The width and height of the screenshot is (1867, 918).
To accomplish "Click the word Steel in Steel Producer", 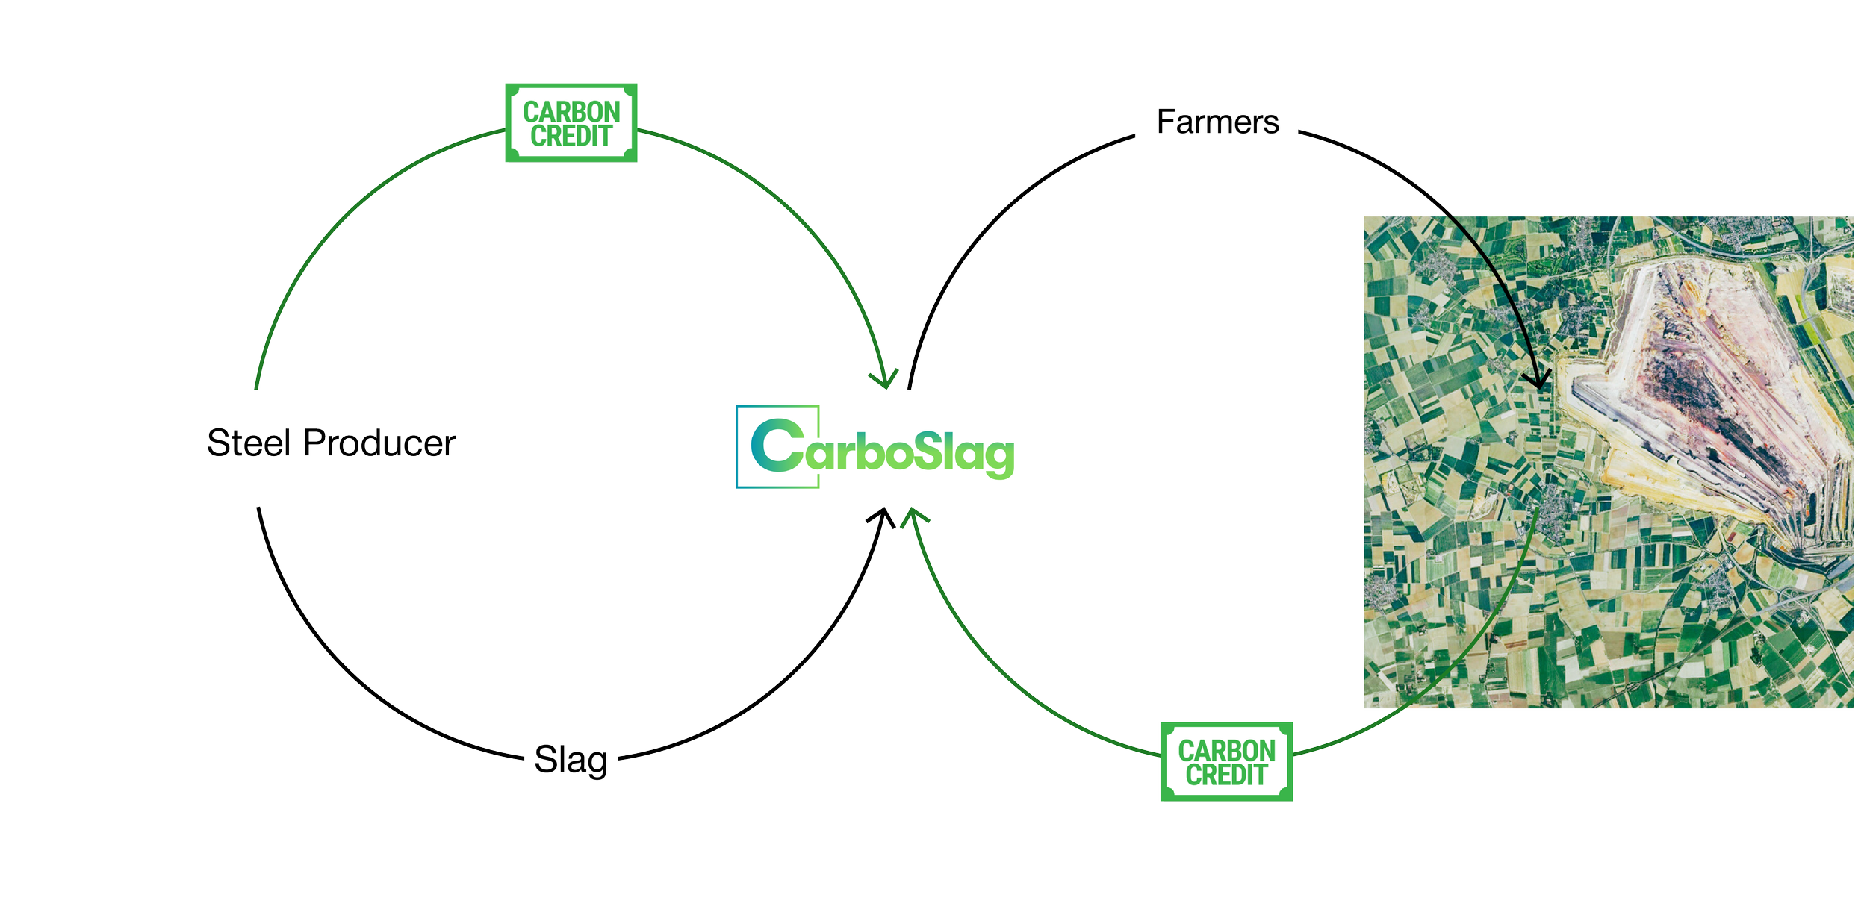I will coord(248,443).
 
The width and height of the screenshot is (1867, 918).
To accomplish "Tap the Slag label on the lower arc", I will coord(571,760).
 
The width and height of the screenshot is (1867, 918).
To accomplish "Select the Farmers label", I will coord(1217,122).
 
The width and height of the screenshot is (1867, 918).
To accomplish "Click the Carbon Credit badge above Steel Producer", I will coord(571,123).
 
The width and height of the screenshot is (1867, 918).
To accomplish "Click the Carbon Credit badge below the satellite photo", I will coord(1226,761).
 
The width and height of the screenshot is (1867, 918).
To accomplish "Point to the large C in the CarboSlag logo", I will coord(777,446).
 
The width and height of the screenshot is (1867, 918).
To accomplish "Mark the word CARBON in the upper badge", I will coord(571,112).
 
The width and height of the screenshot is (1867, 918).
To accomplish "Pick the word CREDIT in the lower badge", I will coord(1226,775).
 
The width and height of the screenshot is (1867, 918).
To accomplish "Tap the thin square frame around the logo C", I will coord(737,448).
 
